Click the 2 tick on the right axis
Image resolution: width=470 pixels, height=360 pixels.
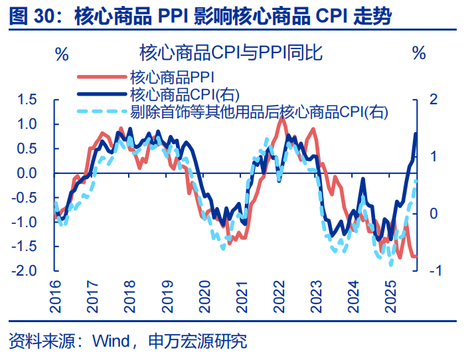tap(434, 100)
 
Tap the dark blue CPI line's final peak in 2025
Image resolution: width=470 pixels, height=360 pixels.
tap(416, 134)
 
